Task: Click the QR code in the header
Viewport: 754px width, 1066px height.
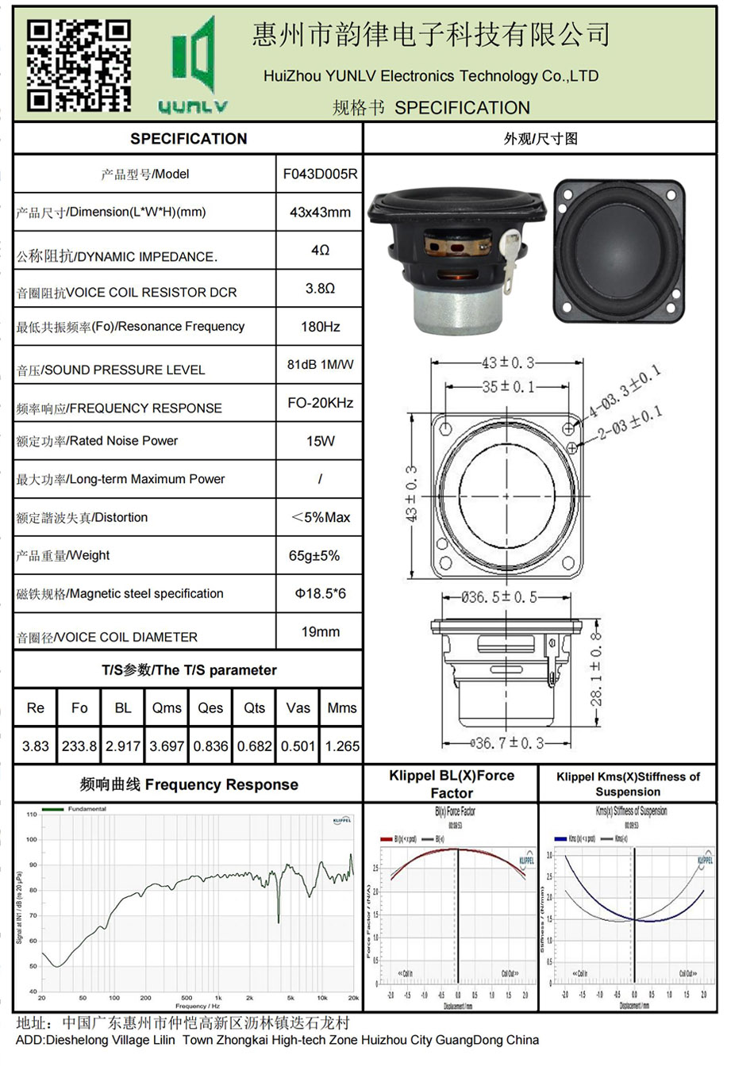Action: coord(79,65)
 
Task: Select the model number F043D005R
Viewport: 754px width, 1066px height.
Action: coord(320,174)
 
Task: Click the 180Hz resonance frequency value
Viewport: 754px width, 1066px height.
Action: coord(320,327)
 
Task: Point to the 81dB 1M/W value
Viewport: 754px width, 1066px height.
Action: coord(320,365)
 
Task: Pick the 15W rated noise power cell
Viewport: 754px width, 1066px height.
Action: coord(320,441)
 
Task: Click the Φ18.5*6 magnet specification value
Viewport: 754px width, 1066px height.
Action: coord(320,594)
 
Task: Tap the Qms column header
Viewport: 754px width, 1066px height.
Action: coord(167,708)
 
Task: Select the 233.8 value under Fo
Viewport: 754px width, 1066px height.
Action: coord(79,746)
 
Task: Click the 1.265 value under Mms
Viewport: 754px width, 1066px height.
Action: coord(342,746)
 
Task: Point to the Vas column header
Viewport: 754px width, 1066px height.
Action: coord(298,708)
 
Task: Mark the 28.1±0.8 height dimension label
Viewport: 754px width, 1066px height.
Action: coord(597,669)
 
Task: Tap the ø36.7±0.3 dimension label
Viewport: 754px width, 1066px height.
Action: coord(508,743)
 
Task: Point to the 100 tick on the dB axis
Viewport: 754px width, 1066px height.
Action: coord(32,839)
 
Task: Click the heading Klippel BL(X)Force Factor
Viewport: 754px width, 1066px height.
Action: coord(451,784)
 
